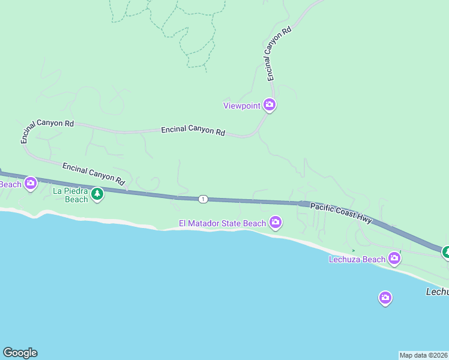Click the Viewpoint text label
242,106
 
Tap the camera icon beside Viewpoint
270,105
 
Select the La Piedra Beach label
71,195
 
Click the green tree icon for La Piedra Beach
97,194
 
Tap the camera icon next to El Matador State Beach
276,223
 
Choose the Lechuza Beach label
357,259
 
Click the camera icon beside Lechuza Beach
394,258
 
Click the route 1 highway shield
203,199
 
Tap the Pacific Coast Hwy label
341,213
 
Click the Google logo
20,353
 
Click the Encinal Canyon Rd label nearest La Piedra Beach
94,173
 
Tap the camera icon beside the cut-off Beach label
31,183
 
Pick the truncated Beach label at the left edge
10,184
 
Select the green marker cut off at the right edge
446,252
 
